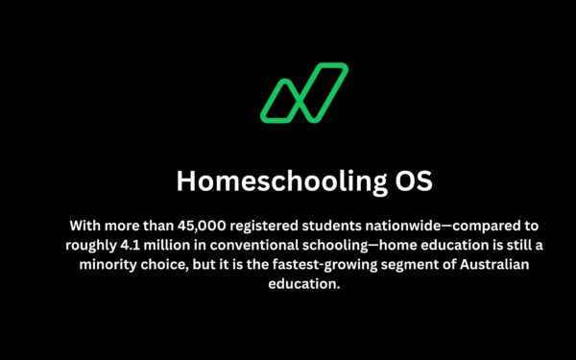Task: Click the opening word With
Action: [85, 226]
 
